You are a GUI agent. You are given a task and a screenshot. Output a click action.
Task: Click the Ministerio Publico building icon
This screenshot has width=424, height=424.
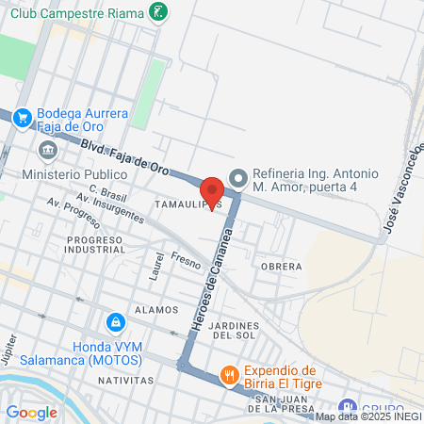(x=47, y=151)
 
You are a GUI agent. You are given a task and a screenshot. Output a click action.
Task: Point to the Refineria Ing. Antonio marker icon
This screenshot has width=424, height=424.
(x=238, y=177)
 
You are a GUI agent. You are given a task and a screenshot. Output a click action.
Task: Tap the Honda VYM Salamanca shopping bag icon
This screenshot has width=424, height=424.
(x=115, y=322)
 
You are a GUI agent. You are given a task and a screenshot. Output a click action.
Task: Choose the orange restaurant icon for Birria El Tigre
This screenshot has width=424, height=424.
(x=229, y=376)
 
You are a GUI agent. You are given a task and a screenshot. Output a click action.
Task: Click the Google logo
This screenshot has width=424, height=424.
(x=31, y=412)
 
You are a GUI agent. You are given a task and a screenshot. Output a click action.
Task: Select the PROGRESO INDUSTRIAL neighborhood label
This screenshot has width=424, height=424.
(x=95, y=246)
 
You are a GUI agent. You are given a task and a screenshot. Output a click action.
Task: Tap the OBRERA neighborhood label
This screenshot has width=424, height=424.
(x=282, y=267)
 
